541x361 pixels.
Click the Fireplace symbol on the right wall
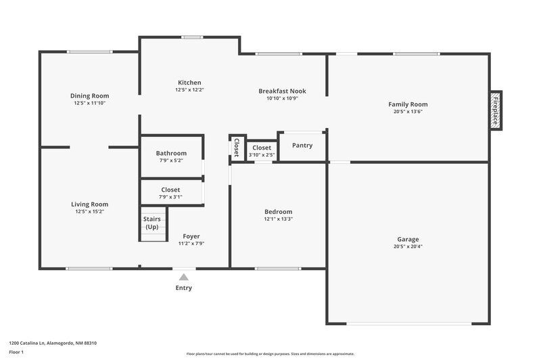496,110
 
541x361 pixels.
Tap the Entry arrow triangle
183,276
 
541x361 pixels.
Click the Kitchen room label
189,83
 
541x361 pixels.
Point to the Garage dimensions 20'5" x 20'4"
408,247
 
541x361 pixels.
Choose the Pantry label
302,145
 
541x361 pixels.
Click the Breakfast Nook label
282,91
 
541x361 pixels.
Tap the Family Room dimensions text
408,112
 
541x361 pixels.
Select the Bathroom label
171,153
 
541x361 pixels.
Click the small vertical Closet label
236,148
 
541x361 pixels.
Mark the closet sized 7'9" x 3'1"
170,193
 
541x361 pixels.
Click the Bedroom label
278,211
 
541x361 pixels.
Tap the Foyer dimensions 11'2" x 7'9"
191,243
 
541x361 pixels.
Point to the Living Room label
89,204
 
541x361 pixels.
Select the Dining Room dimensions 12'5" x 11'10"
89,103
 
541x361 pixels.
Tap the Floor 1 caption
16,352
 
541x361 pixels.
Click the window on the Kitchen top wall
192,37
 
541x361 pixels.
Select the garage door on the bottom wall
408,323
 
